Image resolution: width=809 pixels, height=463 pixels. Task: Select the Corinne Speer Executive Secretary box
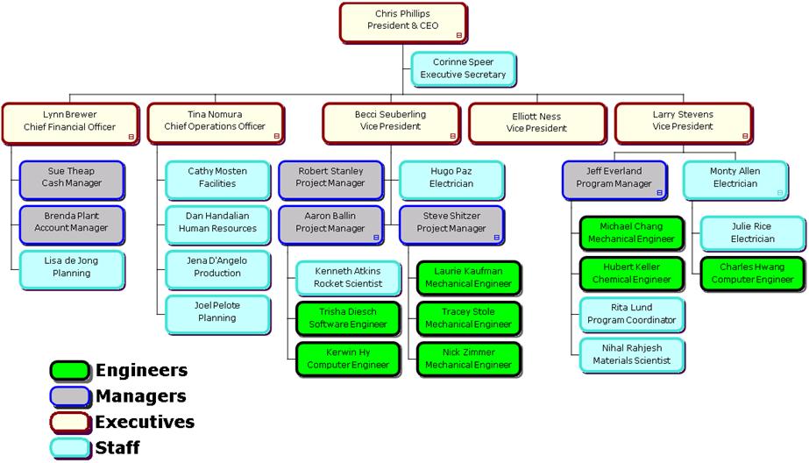click(x=463, y=68)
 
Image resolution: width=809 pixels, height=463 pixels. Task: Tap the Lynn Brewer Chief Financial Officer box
click(x=70, y=122)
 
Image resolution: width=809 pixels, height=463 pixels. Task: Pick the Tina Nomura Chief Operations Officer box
click(x=215, y=122)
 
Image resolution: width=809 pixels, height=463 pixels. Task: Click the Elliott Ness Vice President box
click(x=536, y=122)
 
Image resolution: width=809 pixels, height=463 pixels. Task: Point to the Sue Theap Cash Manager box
click(x=72, y=178)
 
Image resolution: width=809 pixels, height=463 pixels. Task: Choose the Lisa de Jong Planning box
click(x=72, y=267)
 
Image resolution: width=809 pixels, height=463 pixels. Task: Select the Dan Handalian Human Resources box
click(x=217, y=223)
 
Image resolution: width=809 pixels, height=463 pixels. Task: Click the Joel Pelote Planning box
click(x=217, y=312)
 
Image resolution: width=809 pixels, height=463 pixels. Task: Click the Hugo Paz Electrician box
click(x=451, y=178)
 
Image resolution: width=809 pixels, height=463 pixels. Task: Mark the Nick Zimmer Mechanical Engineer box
click(x=468, y=359)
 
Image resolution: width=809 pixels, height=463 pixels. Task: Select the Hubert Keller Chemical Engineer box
click(x=631, y=273)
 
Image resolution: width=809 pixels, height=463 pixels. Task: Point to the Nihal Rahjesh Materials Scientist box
click(x=631, y=354)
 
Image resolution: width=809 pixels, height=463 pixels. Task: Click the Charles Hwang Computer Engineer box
click(x=752, y=273)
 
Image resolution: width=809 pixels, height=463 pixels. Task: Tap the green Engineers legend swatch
click(x=69, y=371)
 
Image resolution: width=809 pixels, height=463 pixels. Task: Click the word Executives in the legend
click(x=145, y=422)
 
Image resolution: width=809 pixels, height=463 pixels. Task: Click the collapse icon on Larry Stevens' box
click(x=745, y=136)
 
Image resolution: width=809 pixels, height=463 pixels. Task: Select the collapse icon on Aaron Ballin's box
click(x=376, y=237)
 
